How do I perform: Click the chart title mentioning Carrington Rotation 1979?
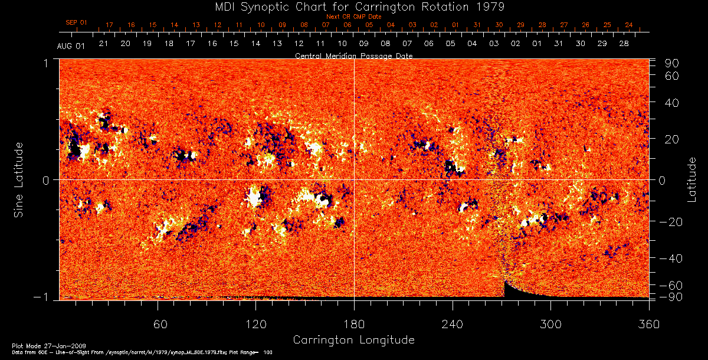coord(353,6)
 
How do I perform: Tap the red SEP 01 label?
coord(76,22)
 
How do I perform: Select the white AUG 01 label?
coord(71,46)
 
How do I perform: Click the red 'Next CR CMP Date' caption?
coord(354,17)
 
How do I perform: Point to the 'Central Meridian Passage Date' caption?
coord(353,55)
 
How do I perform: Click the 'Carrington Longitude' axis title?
coord(353,340)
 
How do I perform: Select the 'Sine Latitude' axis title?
coord(19,179)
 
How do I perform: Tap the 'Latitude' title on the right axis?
coord(691,179)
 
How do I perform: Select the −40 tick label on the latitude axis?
coord(672,258)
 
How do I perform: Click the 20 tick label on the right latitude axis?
coord(674,139)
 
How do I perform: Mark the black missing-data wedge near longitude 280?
coord(516,292)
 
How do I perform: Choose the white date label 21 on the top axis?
coord(103,44)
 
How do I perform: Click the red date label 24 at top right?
coord(629,25)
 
